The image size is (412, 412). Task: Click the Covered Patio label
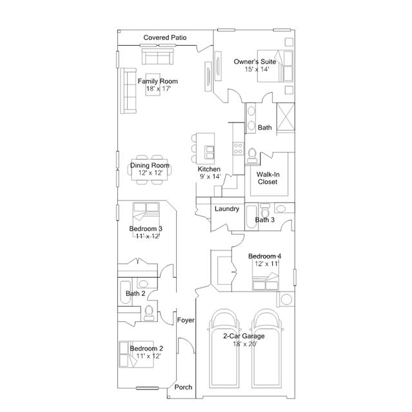pyautogui.click(x=165, y=37)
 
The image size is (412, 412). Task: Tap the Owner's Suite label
pyautogui.click(x=255, y=62)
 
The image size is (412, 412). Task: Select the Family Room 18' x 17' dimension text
pyautogui.click(x=159, y=88)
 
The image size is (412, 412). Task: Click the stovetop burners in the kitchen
pyautogui.click(x=239, y=148)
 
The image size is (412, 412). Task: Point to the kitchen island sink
pyautogui.click(x=210, y=153)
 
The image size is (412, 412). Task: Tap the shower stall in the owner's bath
pyautogui.click(x=286, y=117)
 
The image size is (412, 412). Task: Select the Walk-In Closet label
pyautogui.click(x=268, y=178)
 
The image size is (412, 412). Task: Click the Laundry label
pyautogui.click(x=227, y=209)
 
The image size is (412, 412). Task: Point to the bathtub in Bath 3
pyautogui.click(x=251, y=217)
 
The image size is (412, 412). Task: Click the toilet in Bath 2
pyautogui.click(x=149, y=313)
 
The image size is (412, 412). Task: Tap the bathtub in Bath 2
pyautogui.click(x=125, y=293)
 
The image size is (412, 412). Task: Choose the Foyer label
pyautogui.click(x=186, y=320)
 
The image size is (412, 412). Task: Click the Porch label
pyautogui.click(x=183, y=387)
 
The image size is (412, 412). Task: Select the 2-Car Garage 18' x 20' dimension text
pyautogui.click(x=245, y=344)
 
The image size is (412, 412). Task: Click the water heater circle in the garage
pyautogui.click(x=286, y=299)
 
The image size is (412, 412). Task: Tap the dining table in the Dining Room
pyautogui.click(x=150, y=170)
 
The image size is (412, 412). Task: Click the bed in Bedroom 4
pyautogui.click(x=266, y=281)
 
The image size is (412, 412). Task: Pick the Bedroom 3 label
pyautogui.click(x=146, y=229)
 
